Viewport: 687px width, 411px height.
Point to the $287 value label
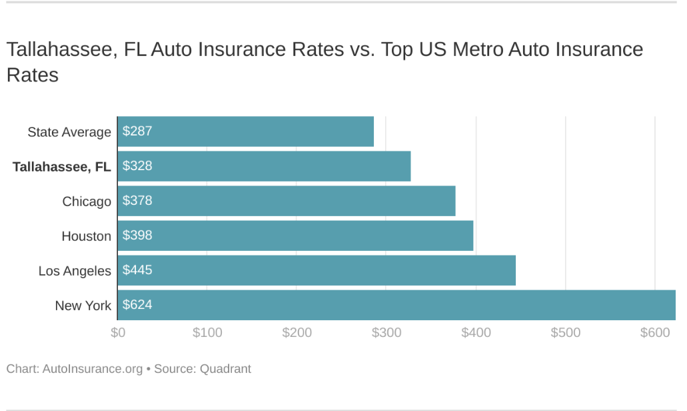click(137, 131)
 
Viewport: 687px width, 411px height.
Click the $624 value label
click(137, 305)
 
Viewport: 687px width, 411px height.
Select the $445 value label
click(137, 270)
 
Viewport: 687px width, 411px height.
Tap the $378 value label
click(137, 201)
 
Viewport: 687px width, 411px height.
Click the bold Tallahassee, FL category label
click(61, 167)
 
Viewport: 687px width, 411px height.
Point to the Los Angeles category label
click(75, 271)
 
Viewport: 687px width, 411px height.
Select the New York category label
click(83, 306)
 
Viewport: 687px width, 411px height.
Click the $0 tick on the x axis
click(117, 332)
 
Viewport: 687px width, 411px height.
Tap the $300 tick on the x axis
click(386, 332)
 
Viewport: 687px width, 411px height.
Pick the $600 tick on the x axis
click(655, 332)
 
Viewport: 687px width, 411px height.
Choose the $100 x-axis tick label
click(207, 332)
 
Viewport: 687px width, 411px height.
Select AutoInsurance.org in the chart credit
click(92, 368)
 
